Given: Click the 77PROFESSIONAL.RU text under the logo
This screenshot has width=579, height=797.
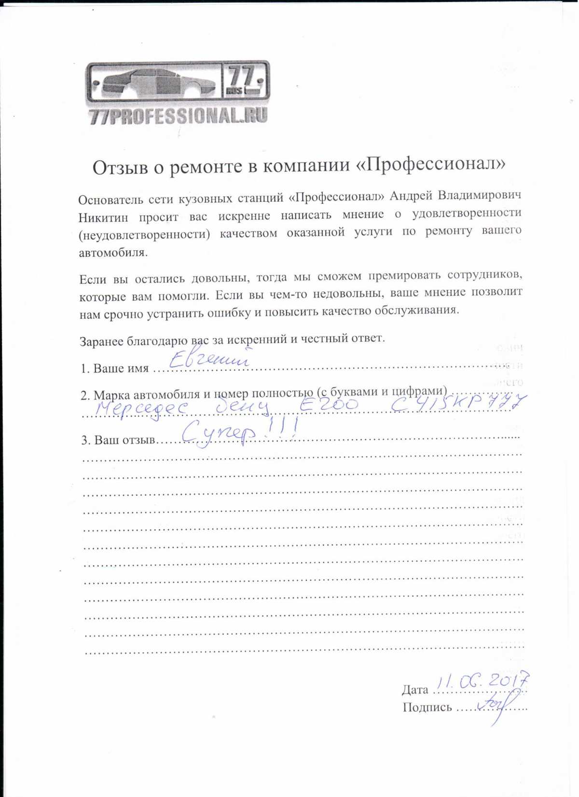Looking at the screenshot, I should point(179,116).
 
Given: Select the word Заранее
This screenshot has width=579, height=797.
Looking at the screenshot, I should point(102,342).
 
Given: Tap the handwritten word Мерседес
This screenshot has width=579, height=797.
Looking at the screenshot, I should point(141,409).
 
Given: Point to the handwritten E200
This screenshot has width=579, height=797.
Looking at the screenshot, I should point(329,405).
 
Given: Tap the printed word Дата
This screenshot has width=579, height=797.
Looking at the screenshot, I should point(414,690).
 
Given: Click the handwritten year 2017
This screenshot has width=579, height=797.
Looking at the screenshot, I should point(508,680).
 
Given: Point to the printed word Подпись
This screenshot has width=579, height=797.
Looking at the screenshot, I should point(427,708).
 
